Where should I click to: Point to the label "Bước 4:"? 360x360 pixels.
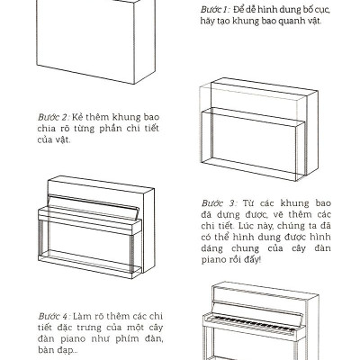coord(52,317)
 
